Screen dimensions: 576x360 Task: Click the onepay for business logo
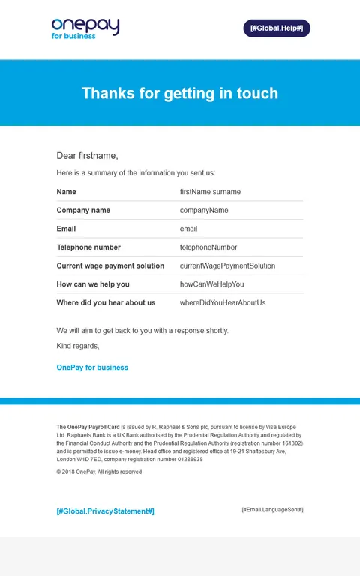coord(85,28)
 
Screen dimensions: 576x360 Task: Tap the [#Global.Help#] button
coord(276,28)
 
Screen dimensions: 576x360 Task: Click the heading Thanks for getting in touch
coord(180,93)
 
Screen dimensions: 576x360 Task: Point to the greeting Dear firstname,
coord(87,156)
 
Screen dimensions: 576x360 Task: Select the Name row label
coord(67,192)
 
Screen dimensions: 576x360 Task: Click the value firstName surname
coord(210,192)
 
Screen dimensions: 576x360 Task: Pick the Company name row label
coord(83,211)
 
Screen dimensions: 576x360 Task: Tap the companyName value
coord(204,211)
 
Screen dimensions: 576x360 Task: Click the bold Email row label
coord(66,229)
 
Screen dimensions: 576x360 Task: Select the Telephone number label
coord(88,247)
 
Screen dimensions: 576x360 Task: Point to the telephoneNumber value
coord(208,247)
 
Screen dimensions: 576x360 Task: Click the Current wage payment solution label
coord(110,265)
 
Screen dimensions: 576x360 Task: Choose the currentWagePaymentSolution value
coord(227,265)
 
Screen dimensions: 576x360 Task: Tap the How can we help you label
coord(93,284)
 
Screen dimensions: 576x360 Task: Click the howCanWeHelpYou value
coord(211,284)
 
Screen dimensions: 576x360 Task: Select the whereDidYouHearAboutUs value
coord(223,303)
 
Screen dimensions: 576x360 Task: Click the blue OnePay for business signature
coord(92,367)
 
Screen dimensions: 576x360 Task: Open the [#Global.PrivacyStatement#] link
coord(105,511)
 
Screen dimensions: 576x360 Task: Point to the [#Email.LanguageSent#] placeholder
coord(272,510)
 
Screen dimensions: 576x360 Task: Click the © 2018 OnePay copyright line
coord(99,472)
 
